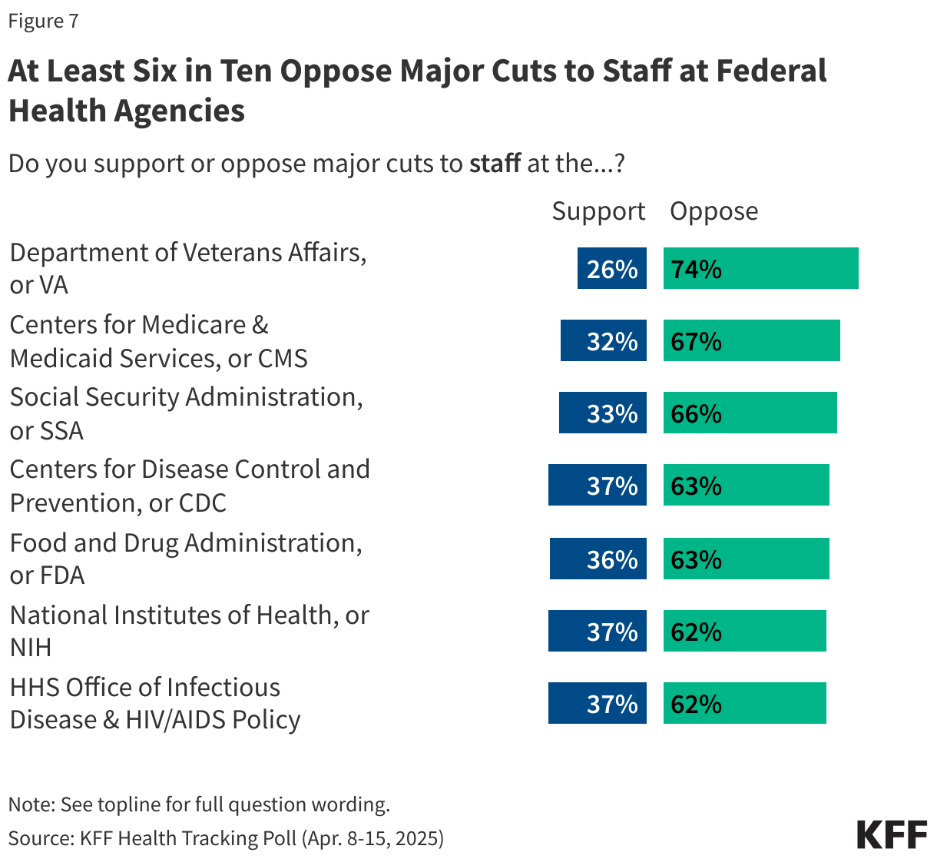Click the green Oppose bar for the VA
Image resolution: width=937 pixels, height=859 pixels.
pos(760,268)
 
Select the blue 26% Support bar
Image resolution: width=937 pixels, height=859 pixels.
pos(611,268)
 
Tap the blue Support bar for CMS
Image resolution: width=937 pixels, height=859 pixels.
pos(603,340)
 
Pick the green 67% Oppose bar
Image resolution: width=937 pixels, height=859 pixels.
pos(751,340)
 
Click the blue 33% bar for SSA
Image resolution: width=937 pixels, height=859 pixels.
pos(602,413)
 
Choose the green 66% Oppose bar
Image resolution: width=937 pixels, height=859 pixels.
pos(750,413)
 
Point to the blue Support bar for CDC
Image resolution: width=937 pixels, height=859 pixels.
pos(597,485)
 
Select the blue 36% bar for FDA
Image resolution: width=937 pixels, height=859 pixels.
pos(598,559)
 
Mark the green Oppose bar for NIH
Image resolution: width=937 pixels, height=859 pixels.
pos(744,631)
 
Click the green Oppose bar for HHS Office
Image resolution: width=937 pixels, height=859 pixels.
pos(744,703)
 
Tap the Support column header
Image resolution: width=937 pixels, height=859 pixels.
pos(598,211)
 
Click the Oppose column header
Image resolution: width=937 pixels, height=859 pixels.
pos(714,211)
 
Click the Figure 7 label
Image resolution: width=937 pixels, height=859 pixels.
pos(43,21)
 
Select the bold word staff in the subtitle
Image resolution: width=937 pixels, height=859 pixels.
pos(495,164)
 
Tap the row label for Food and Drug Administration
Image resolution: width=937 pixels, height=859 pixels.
pos(185,559)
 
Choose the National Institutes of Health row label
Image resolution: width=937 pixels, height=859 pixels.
pos(189,631)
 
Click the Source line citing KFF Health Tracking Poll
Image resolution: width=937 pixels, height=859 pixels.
pos(226,837)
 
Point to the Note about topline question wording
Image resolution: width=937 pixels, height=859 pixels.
pos(199,804)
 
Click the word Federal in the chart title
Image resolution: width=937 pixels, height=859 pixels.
pos(771,71)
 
